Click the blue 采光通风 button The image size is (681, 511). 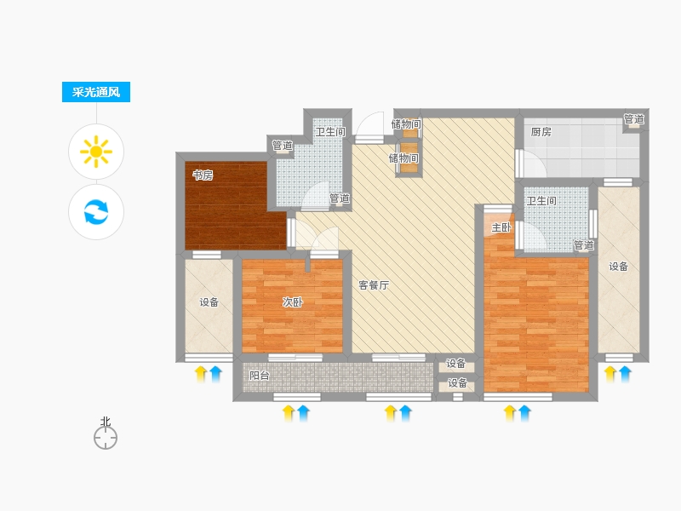click(96, 92)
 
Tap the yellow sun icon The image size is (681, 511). click(96, 152)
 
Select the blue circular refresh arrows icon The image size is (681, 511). click(96, 212)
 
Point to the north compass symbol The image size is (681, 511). click(106, 437)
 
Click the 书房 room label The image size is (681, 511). click(203, 175)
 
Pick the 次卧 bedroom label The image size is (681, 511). click(293, 302)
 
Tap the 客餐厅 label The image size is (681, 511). click(374, 285)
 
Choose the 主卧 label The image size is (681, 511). click(501, 227)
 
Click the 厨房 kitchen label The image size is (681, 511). click(541, 132)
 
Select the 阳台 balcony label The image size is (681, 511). click(260, 376)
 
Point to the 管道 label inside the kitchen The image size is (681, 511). click(633, 118)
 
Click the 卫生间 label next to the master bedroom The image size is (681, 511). click(541, 201)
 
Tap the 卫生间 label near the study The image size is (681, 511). click(330, 132)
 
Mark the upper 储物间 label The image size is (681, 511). click(406, 124)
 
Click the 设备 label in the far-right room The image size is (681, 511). click(619, 267)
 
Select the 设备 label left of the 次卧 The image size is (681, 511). click(209, 302)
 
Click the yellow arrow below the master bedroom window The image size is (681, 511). click(510, 413)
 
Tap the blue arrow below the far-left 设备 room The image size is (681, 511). click(215, 374)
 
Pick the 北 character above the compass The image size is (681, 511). click(106, 422)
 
